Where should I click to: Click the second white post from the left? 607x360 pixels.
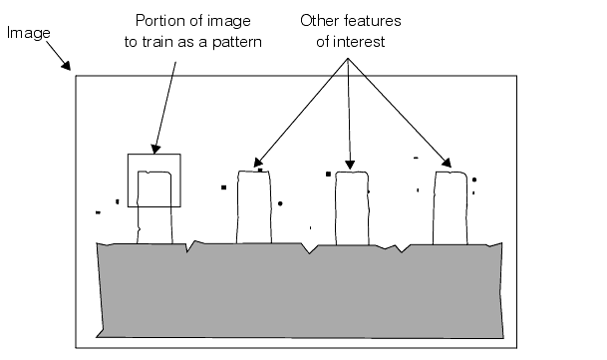click(254, 207)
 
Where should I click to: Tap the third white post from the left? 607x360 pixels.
click(350, 207)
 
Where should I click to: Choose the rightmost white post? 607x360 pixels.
click(450, 206)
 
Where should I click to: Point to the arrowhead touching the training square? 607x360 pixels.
click(155, 149)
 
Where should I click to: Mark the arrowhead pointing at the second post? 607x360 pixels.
click(258, 162)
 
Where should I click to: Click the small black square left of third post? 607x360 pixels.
click(328, 175)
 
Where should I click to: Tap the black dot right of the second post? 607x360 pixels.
click(281, 203)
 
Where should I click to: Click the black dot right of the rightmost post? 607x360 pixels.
click(474, 180)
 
